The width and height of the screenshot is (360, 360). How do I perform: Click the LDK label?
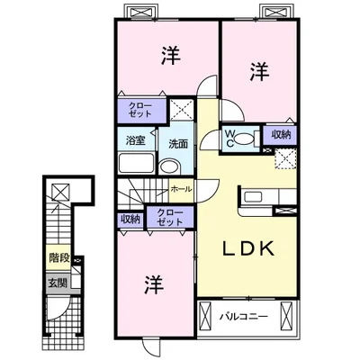point(248,248)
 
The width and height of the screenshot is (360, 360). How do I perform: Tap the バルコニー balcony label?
point(243,317)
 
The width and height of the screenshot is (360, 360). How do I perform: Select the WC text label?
point(229,138)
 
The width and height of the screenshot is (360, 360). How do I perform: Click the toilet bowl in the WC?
point(244,139)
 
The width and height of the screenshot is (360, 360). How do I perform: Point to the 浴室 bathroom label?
point(136,140)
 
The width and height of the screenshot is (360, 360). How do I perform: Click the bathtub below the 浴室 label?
point(137,163)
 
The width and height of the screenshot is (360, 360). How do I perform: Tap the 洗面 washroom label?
point(178,144)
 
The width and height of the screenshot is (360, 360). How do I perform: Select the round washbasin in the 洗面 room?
point(169,166)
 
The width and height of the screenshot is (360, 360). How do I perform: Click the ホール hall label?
point(181,189)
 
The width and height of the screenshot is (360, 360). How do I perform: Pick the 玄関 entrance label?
point(58,283)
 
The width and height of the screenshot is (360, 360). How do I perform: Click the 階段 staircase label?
point(59,257)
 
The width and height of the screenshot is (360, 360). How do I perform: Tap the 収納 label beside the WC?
point(281,135)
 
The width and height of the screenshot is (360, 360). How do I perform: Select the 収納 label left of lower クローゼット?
point(130,220)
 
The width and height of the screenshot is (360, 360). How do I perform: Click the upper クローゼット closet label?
point(140,110)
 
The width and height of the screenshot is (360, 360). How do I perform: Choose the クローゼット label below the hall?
point(170,217)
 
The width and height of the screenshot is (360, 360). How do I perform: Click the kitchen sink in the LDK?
point(254,197)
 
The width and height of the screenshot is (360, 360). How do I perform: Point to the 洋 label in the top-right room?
point(260,72)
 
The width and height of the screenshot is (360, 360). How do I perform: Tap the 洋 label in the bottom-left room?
point(155,284)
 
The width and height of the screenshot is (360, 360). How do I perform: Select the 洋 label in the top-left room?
point(171,55)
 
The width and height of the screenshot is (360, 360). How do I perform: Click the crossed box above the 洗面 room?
point(182,109)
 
